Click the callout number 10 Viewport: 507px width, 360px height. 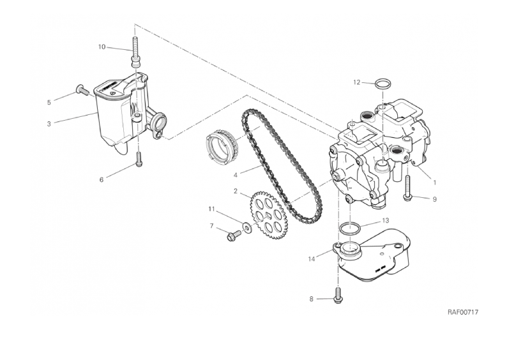click(102, 47)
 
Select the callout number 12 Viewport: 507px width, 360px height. click(356, 82)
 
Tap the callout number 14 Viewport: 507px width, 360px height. click(312, 259)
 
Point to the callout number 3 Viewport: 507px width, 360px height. click(49, 124)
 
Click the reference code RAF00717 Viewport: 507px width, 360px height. click(463, 312)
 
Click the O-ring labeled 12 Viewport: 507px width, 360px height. click(382, 84)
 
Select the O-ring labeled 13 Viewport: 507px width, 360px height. click(350, 229)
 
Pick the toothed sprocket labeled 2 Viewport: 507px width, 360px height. click(267, 215)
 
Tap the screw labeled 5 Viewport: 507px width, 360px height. click(84, 89)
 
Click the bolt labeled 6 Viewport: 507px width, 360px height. click(139, 160)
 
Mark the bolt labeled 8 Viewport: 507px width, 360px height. click(338, 296)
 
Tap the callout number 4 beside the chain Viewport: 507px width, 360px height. click(236, 175)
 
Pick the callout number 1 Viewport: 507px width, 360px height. click(435, 183)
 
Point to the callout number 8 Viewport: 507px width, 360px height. click(312, 299)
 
